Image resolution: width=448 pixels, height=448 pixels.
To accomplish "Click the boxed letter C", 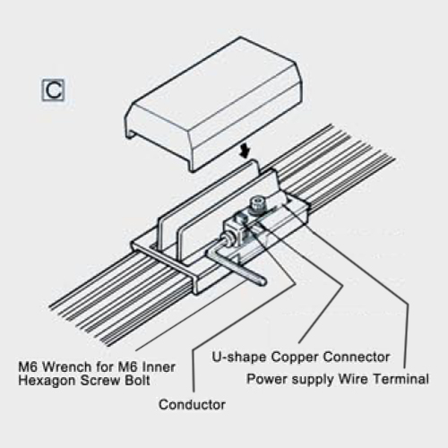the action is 53,90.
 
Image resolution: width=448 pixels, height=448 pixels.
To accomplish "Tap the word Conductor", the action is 192,405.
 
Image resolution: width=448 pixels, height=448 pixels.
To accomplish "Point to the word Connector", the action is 357,357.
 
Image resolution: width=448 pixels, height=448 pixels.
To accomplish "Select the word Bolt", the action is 136,381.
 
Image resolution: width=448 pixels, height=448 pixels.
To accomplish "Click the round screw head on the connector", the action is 257,204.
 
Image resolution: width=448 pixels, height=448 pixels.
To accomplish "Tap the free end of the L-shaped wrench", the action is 263,281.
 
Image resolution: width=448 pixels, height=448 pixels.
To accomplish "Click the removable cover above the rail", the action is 214,105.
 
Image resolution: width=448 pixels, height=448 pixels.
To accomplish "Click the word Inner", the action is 159,366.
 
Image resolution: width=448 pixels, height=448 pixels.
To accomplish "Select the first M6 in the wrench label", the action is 30,366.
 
